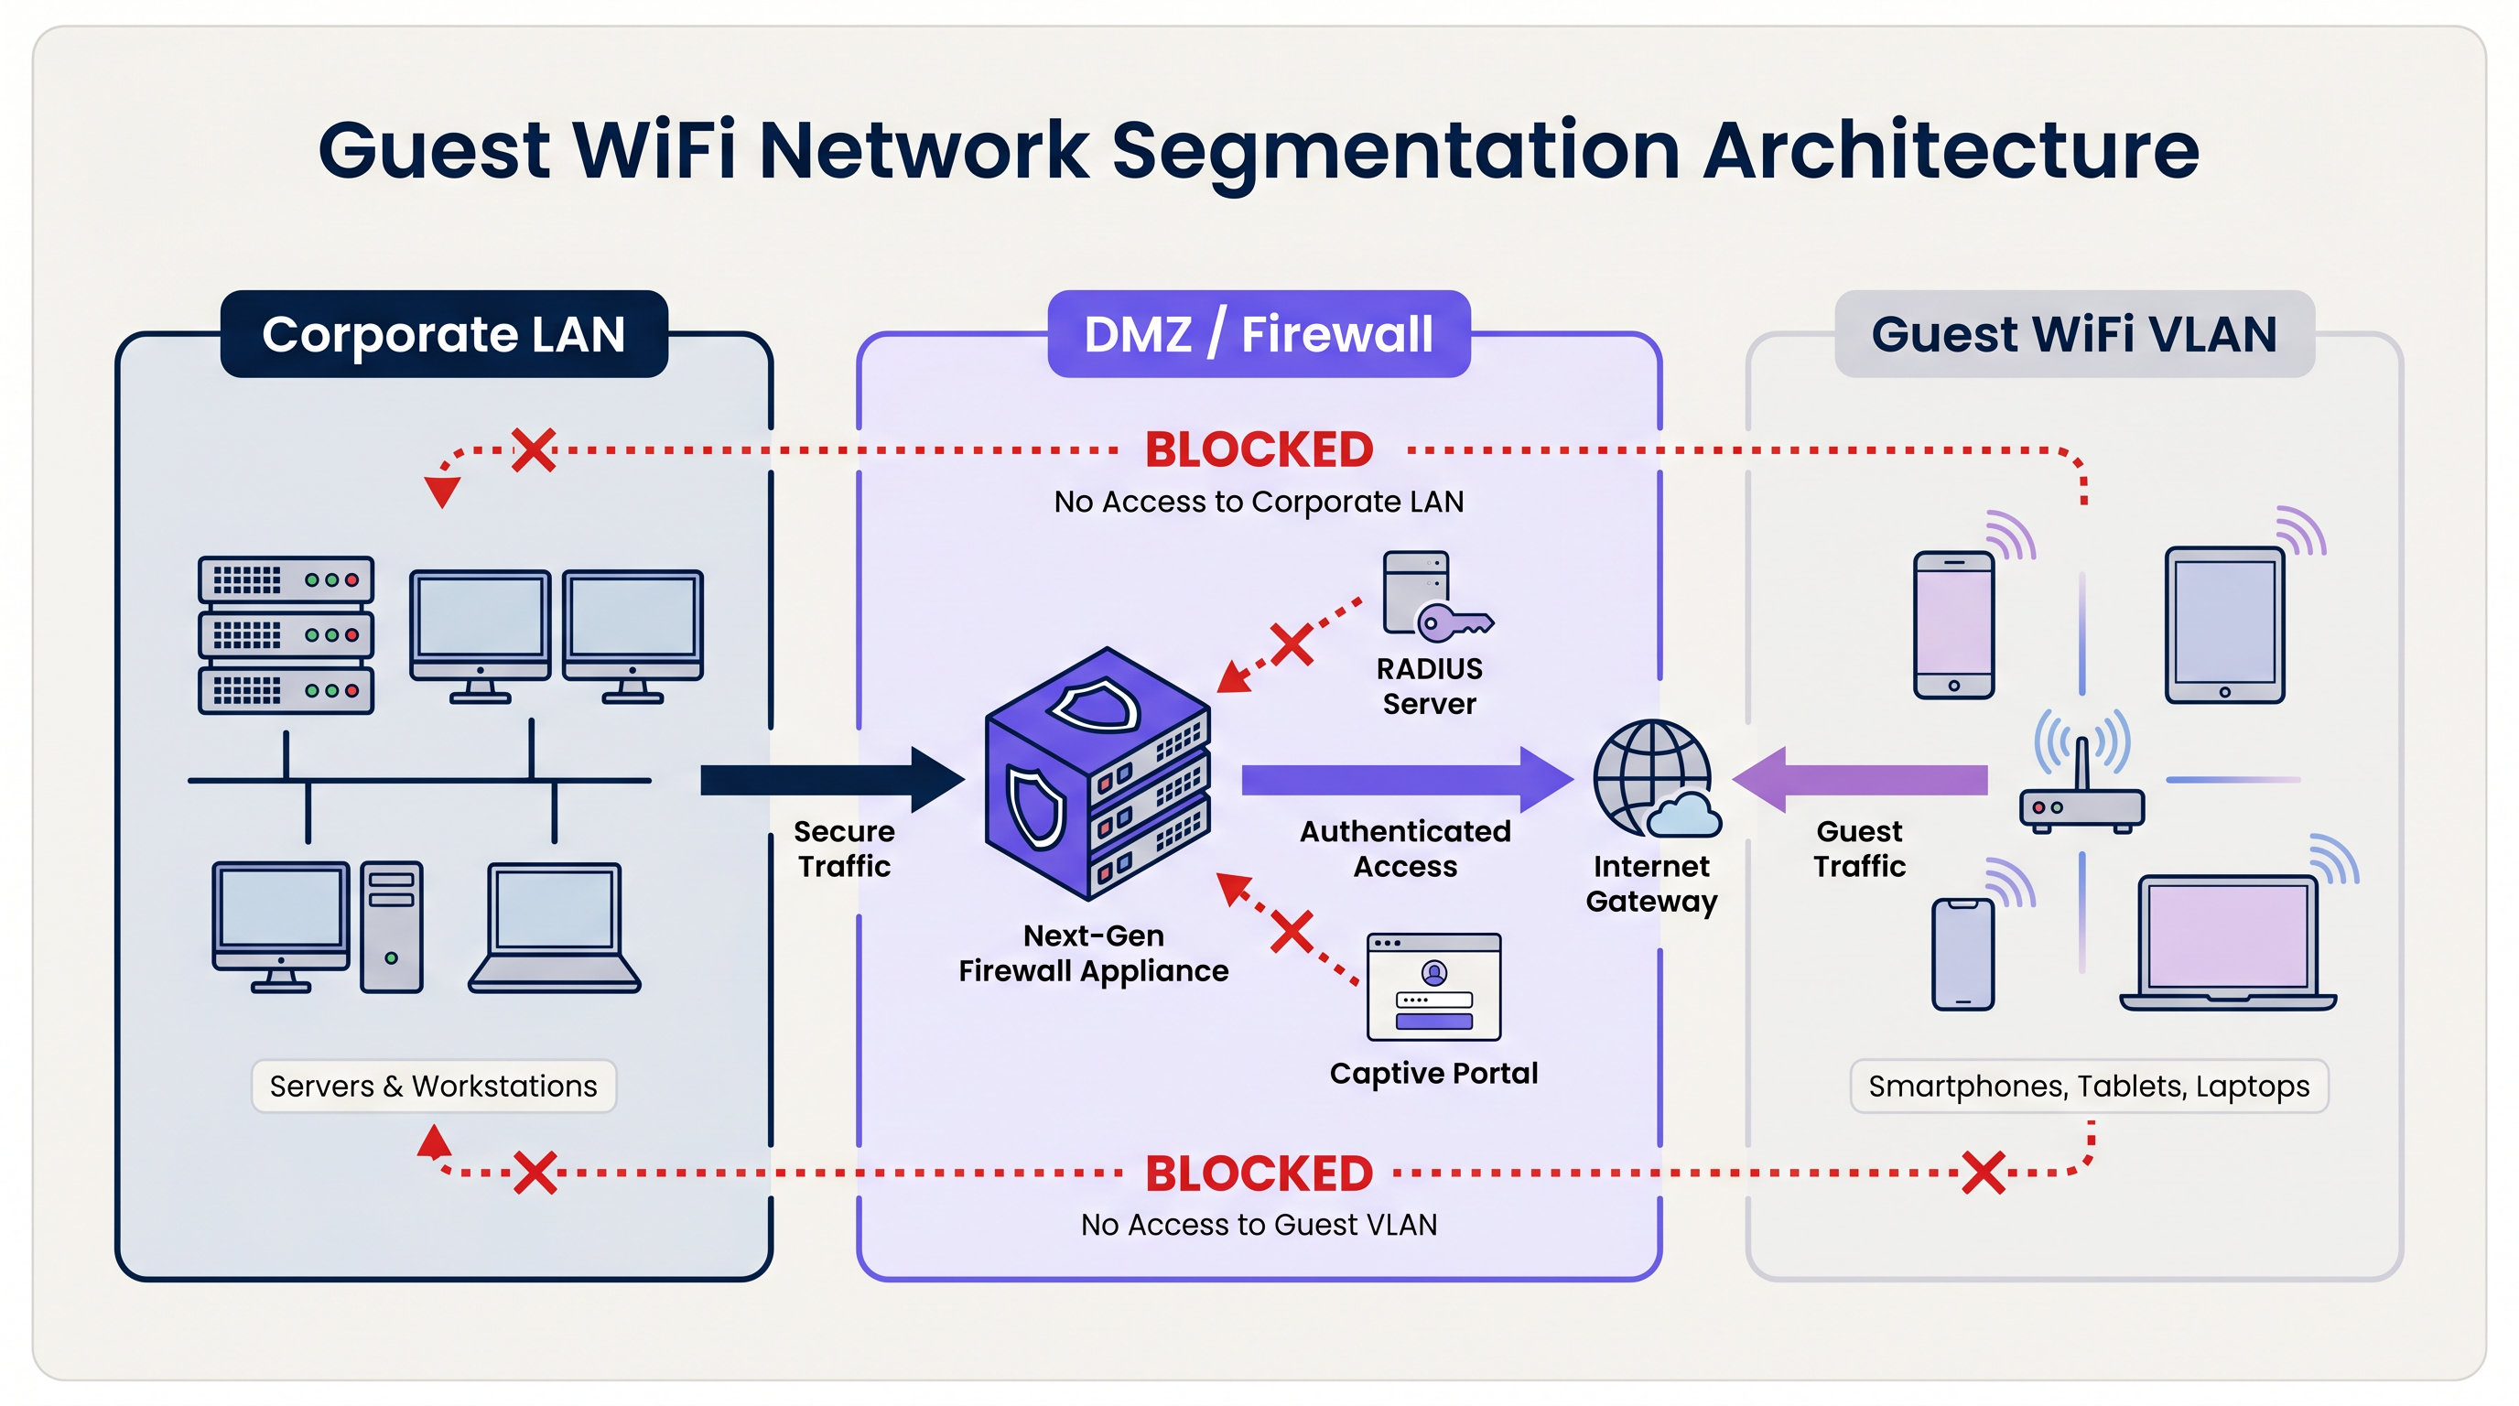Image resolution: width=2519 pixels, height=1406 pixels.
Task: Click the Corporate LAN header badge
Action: tap(444, 334)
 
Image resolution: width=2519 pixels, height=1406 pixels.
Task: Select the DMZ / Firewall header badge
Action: tap(1259, 334)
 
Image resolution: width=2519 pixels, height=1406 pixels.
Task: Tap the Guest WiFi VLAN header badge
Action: tap(2074, 334)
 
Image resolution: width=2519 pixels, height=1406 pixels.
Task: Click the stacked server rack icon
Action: tap(286, 634)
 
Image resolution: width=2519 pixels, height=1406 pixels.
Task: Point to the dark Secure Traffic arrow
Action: tap(831, 780)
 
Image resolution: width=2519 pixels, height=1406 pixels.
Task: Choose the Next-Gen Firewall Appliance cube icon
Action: tap(1097, 774)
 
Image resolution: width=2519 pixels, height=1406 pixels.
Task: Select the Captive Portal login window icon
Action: tap(1433, 988)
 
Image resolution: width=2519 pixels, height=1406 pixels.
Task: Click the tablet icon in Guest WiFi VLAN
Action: tap(2223, 626)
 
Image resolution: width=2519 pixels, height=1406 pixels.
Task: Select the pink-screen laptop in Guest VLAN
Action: tap(2228, 944)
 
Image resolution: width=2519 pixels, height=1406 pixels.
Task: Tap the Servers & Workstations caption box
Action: tap(433, 1087)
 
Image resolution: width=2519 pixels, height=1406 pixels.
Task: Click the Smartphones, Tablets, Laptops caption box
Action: tap(2089, 1087)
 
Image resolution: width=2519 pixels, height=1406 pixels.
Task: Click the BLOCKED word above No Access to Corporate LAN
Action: tap(1259, 450)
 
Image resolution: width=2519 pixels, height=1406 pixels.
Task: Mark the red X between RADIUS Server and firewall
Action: tap(1292, 645)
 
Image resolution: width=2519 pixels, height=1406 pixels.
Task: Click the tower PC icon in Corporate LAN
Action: tap(391, 927)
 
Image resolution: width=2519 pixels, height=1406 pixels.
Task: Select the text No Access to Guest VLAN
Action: tap(1259, 1225)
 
